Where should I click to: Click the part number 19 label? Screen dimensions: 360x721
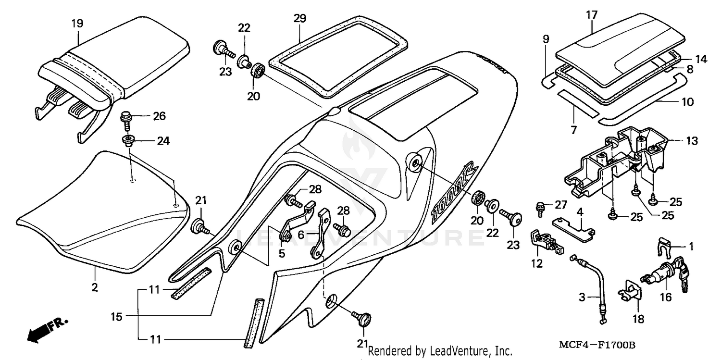point(77,23)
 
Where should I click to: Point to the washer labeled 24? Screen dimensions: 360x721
point(128,140)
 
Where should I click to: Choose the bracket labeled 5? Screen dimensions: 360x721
point(296,223)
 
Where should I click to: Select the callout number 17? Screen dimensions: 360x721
point(591,15)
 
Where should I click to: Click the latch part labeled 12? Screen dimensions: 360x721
point(546,242)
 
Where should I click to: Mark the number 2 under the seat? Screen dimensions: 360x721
point(94,287)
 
